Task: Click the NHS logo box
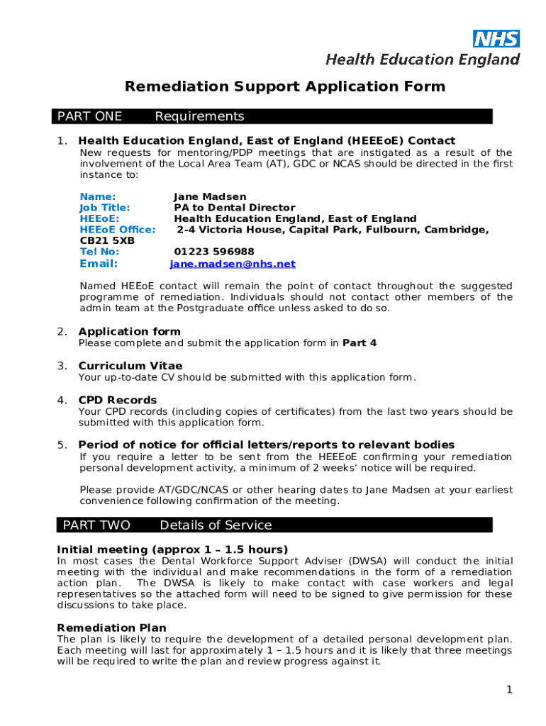tap(496, 38)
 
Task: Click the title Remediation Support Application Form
tap(285, 86)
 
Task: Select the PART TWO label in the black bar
tap(96, 525)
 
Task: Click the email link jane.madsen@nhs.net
tap(233, 264)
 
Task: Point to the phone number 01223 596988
tap(214, 252)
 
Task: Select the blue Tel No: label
tap(99, 252)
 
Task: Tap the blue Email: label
tap(99, 264)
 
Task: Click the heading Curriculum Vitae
tap(130, 366)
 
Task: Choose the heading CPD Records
tap(117, 400)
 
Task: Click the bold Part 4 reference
tap(360, 343)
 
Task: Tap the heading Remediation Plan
tap(111, 627)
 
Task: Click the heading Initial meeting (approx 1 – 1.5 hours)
tap(172, 549)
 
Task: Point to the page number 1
tap(509, 690)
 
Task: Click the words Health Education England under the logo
tap(423, 60)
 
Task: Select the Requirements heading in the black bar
tap(199, 116)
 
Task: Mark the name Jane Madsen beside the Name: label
tap(210, 196)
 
